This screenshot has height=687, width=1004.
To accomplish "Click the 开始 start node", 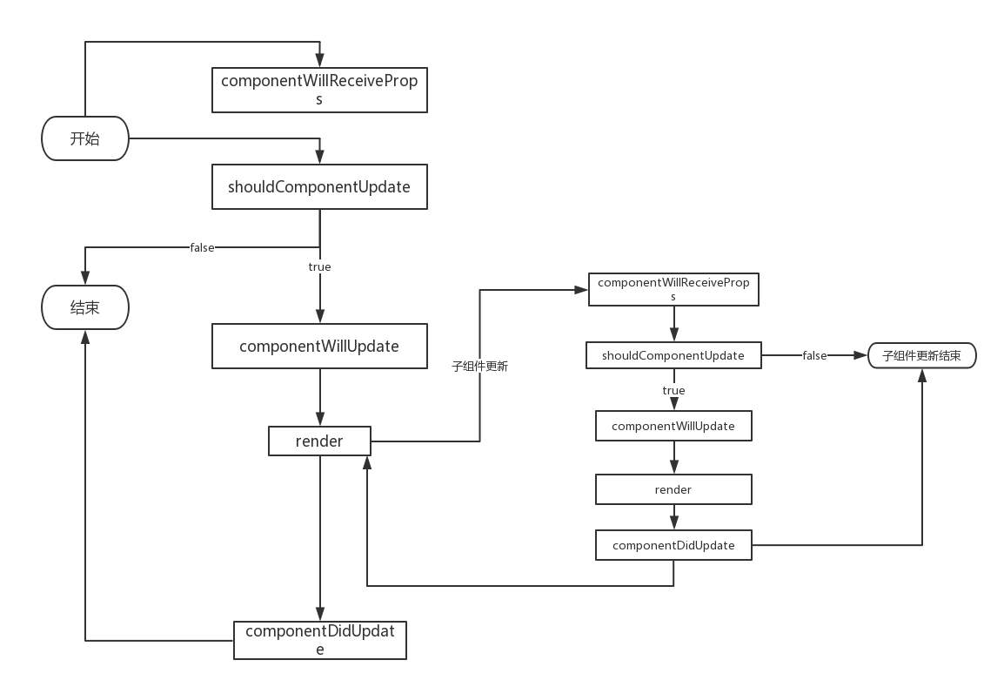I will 85,139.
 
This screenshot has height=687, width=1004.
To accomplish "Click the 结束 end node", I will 85,308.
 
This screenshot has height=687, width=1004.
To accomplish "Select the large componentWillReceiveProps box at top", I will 319,91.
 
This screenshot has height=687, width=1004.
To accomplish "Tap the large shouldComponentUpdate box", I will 319,186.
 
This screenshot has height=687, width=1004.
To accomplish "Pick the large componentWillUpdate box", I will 319,346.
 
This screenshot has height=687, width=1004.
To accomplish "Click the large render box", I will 319,441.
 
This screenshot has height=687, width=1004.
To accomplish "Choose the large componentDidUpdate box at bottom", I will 319,640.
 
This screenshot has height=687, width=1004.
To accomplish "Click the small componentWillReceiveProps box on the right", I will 673,290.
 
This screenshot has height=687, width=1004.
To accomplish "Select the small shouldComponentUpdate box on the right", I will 673,355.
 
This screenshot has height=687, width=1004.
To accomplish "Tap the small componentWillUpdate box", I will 673,426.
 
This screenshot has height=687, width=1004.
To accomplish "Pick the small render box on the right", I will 673,489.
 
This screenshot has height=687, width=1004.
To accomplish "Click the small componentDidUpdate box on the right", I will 673,545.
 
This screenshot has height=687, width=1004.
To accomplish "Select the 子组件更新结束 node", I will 922,355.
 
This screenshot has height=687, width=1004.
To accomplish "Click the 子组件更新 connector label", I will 479,367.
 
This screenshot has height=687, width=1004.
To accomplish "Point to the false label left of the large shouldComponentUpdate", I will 202,248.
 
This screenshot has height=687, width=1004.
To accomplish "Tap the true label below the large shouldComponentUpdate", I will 319,266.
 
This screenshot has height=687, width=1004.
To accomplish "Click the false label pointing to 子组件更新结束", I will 814,355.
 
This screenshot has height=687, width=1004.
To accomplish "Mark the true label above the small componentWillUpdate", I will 673,390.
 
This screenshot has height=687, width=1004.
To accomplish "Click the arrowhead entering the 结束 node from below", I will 85,340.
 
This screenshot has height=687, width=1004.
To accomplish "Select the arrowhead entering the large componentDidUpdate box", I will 319,614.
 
